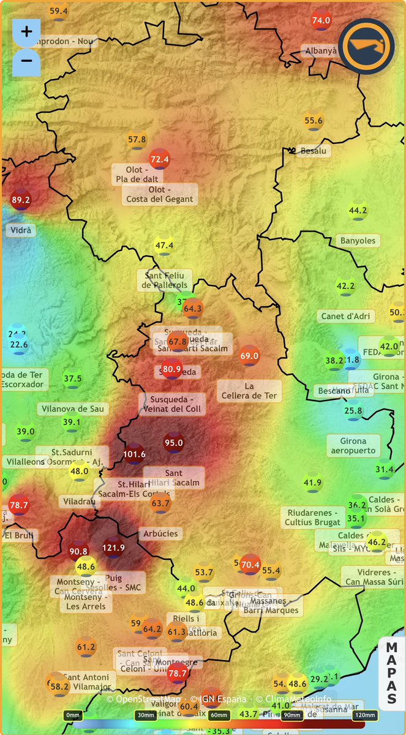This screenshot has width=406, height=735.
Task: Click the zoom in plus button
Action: click(x=26, y=32)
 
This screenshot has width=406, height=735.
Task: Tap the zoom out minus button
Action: click(x=26, y=61)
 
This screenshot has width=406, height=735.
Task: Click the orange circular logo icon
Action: click(x=366, y=46)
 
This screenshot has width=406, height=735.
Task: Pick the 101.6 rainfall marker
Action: click(x=134, y=454)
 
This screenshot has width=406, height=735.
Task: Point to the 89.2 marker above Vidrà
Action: click(x=21, y=200)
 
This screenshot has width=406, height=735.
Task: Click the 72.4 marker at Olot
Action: click(x=160, y=159)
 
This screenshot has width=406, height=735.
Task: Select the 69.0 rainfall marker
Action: click(x=249, y=355)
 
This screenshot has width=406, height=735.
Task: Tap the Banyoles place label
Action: click(x=358, y=241)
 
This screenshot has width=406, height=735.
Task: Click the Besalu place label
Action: click(x=313, y=151)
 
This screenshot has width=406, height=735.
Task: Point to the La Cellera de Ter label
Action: click(x=249, y=391)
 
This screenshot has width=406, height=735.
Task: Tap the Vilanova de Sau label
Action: click(x=73, y=409)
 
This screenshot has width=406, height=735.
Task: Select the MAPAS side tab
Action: click(x=392, y=673)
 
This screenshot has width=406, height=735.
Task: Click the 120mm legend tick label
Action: click(x=364, y=715)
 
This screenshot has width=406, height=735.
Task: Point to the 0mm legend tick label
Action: click(x=73, y=715)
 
